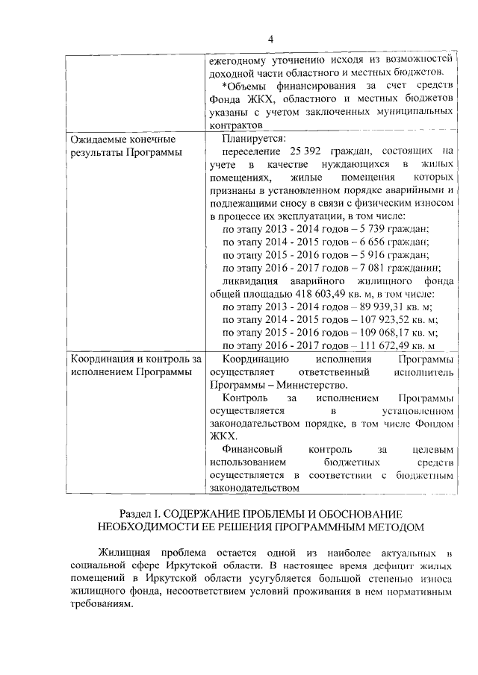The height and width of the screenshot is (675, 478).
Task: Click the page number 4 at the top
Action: [271, 39]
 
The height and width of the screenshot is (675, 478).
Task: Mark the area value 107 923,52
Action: [388, 319]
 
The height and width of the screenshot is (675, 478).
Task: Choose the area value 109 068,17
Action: [388, 333]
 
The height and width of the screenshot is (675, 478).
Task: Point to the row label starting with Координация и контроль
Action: [135, 360]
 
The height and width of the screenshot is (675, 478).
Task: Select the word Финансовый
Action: [253, 450]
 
